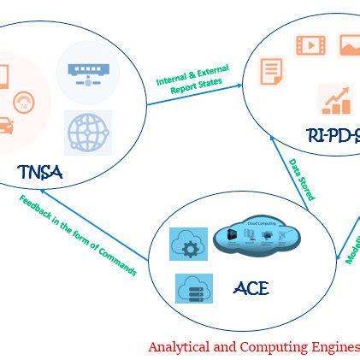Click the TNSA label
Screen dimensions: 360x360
coord(40,173)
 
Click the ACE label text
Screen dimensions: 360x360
coord(251,288)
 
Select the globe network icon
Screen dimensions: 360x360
coord(89,133)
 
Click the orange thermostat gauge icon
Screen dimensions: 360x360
coord(23,101)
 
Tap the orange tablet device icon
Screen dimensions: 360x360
coord(3,78)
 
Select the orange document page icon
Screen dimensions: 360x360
coord(271,71)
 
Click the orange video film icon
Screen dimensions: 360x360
coord(310,45)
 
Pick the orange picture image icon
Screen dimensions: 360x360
coord(350,45)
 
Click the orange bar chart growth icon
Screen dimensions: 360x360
coord(335,100)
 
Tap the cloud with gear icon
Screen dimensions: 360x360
coord(188,245)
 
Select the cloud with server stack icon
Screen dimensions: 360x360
coord(194,288)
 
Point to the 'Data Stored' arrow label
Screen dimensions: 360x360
coord(301,179)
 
